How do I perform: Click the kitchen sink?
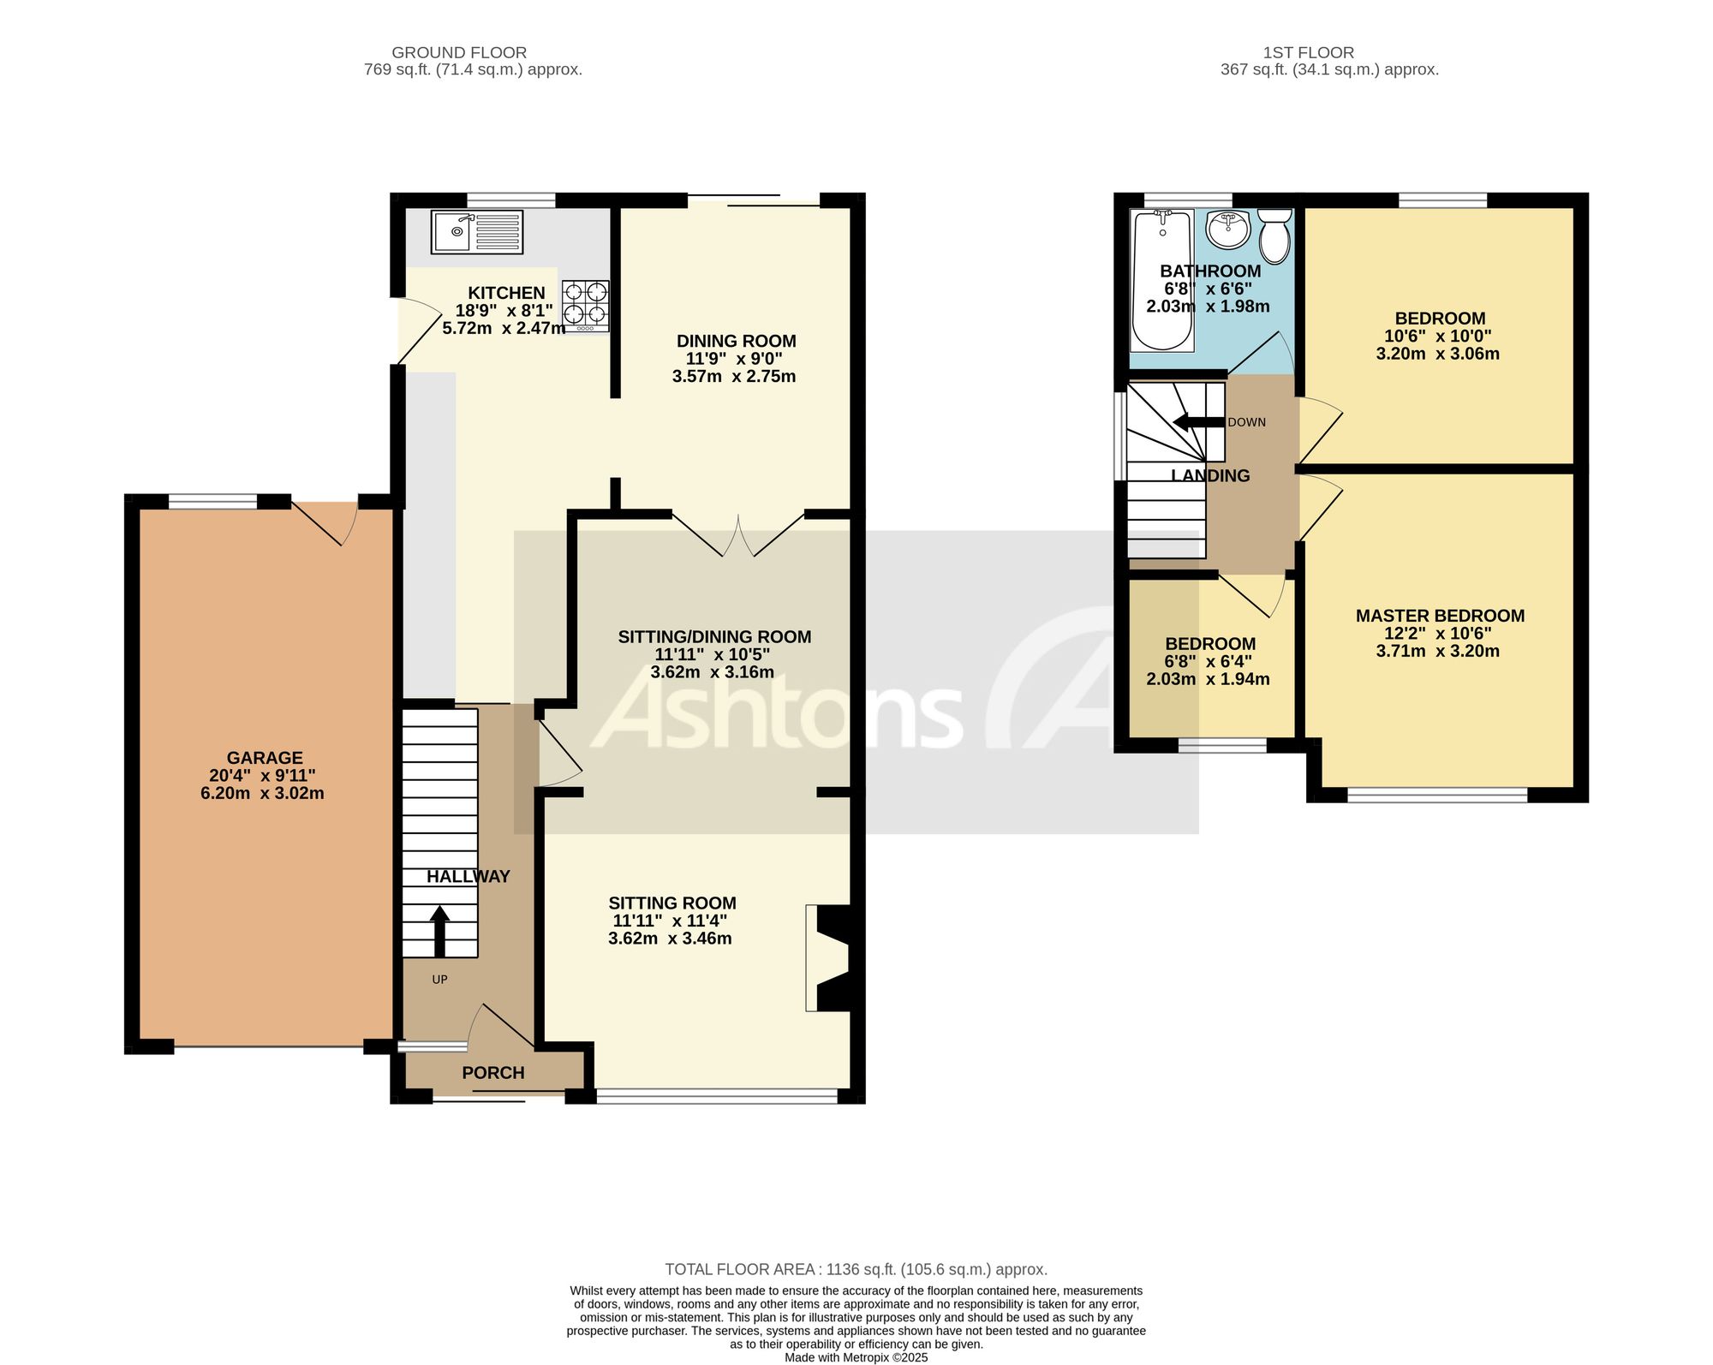coord(477,231)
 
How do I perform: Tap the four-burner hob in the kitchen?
coord(586,306)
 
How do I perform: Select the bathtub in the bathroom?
coord(1162,281)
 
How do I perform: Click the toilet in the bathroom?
coord(1274,235)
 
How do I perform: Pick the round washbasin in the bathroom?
coord(1227,227)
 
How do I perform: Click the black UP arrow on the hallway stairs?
coord(439,932)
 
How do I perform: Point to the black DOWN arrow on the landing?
coord(1198,422)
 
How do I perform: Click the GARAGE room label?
coord(265,758)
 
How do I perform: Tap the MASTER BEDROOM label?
coord(1440,616)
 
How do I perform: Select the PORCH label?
coord(493,1073)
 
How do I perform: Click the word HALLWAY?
coord(469,877)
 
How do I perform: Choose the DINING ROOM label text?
coord(737,342)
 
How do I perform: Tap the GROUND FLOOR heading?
coord(459,53)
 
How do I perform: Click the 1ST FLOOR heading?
coord(1309,53)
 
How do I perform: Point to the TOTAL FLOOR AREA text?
coord(856,1270)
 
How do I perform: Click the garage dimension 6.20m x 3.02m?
coord(262,794)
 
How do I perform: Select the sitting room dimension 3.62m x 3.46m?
coord(670,939)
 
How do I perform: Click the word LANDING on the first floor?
coord(1210,476)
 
